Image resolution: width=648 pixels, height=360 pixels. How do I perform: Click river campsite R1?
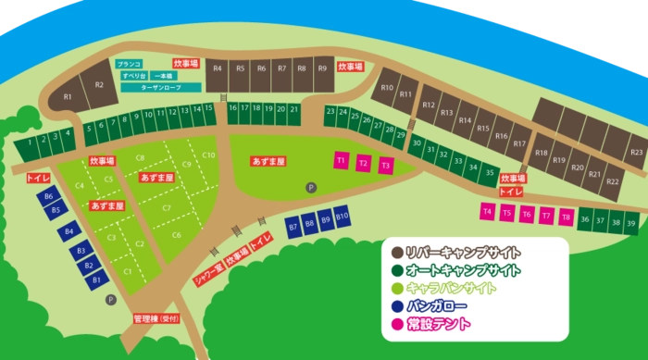tap(68, 97)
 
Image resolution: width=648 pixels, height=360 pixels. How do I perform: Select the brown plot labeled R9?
tap(322, 68)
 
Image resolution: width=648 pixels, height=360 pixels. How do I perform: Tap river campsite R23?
tap(636, 151)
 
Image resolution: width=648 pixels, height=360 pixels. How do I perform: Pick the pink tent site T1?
tap(341, 160)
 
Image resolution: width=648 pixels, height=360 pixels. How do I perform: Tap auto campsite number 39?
tap(630, 222)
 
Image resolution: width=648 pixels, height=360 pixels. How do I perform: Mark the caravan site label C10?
tap(208, 155)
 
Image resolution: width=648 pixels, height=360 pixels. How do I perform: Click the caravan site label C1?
tap(128, 271)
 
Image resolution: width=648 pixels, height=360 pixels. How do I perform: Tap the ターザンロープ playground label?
tap(160, 86)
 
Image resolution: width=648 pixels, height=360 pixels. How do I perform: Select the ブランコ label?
tap(128, 65)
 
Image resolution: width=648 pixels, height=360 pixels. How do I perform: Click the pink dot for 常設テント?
tap(396, 324)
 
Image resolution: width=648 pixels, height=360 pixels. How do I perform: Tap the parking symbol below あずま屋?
tap(311, 187)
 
